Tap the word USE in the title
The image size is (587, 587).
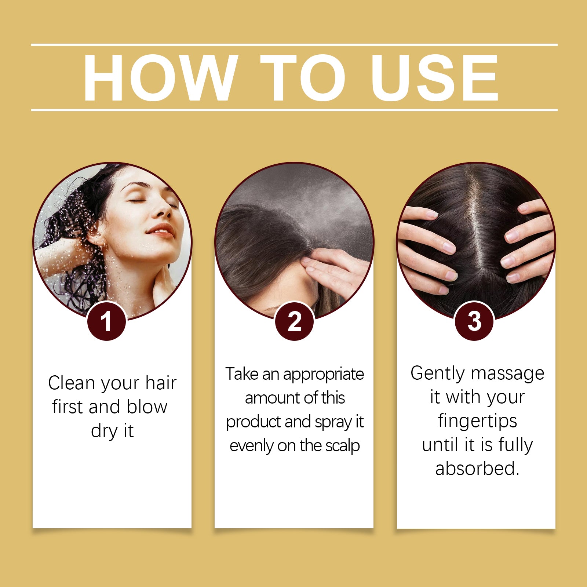tap(434, 78)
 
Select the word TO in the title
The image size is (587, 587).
tap(303, 78)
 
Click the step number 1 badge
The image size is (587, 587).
tap(107, 321)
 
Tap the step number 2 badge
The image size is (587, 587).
tap(295, 321)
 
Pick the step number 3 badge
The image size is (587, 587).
tap(474, 321)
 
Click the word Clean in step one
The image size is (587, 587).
tap(72, 383)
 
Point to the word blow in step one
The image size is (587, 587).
tap(147, 407)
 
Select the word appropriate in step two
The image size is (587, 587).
tap(323, 375)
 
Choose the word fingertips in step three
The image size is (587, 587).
tap(477, 421)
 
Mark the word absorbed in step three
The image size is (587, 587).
tap(477, 469)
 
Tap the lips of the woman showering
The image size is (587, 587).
tap(160, 231)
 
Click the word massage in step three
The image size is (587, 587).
tap(508, 374)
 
